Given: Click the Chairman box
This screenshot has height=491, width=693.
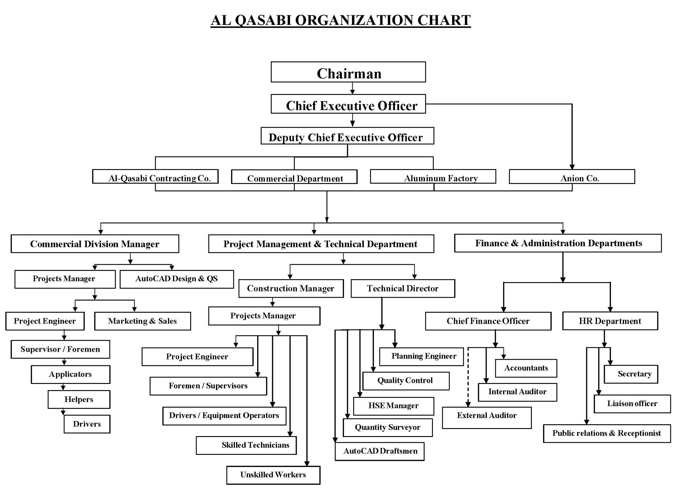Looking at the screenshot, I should [348, 72].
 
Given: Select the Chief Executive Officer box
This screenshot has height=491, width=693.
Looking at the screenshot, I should [348, 104].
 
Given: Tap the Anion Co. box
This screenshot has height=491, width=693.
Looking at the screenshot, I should [572, 177].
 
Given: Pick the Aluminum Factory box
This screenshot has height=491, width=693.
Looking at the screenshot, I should [433, 177].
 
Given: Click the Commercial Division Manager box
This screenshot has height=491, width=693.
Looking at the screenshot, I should [95, 244].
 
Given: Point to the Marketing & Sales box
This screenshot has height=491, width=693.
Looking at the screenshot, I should [143, 321].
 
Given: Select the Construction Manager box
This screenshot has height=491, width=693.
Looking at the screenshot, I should [291, 289].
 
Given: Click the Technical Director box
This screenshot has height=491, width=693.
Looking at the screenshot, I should [403, 289].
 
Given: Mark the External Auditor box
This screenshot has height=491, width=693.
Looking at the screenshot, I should [487, 418].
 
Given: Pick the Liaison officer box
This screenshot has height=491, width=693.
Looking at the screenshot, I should [632, 404].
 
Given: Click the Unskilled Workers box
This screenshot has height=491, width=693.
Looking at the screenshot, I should [273, 475].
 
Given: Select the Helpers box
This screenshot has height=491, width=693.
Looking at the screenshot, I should [79, 400].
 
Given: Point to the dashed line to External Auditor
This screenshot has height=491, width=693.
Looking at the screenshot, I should [468, 377].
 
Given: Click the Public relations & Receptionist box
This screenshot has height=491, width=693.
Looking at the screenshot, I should [607, 433].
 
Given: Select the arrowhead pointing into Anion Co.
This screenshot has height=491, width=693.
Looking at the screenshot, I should [572, 167].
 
